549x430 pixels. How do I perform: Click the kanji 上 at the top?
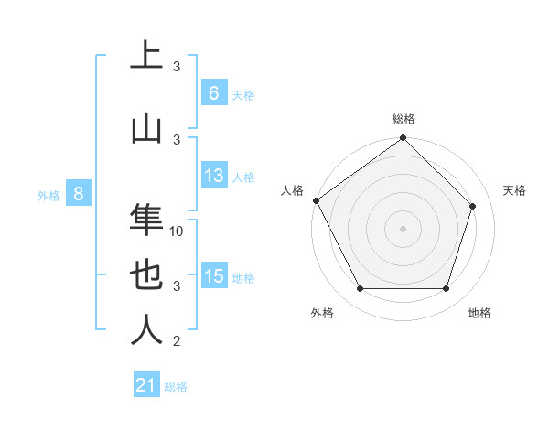(x=146, y=57)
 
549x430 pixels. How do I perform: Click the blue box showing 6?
(x=213, y=92)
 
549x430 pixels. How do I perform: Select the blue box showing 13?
(x=213, y=176)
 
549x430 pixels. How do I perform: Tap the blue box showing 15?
(x=213, y=276)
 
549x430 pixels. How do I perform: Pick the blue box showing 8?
(x=79, y=194)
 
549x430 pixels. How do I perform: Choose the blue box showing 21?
(x=146, y=385)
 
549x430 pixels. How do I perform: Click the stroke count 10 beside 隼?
(x=178, y=231)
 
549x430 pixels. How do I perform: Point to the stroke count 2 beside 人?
(x=177, y=341)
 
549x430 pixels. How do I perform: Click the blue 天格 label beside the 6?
(x=243, y=94)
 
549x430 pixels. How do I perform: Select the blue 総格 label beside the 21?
(x=176, y=387)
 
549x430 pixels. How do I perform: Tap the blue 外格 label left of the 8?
(x=48, y=195)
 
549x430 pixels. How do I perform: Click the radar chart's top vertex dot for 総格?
(x=403, y=139)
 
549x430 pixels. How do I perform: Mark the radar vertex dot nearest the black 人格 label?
(x=316, y=200)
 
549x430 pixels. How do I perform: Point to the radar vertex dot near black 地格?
(x=446, y=289)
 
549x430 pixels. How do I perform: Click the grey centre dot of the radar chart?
(x=403, y=229)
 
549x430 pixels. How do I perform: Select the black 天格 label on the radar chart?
(x=515, y=190)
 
